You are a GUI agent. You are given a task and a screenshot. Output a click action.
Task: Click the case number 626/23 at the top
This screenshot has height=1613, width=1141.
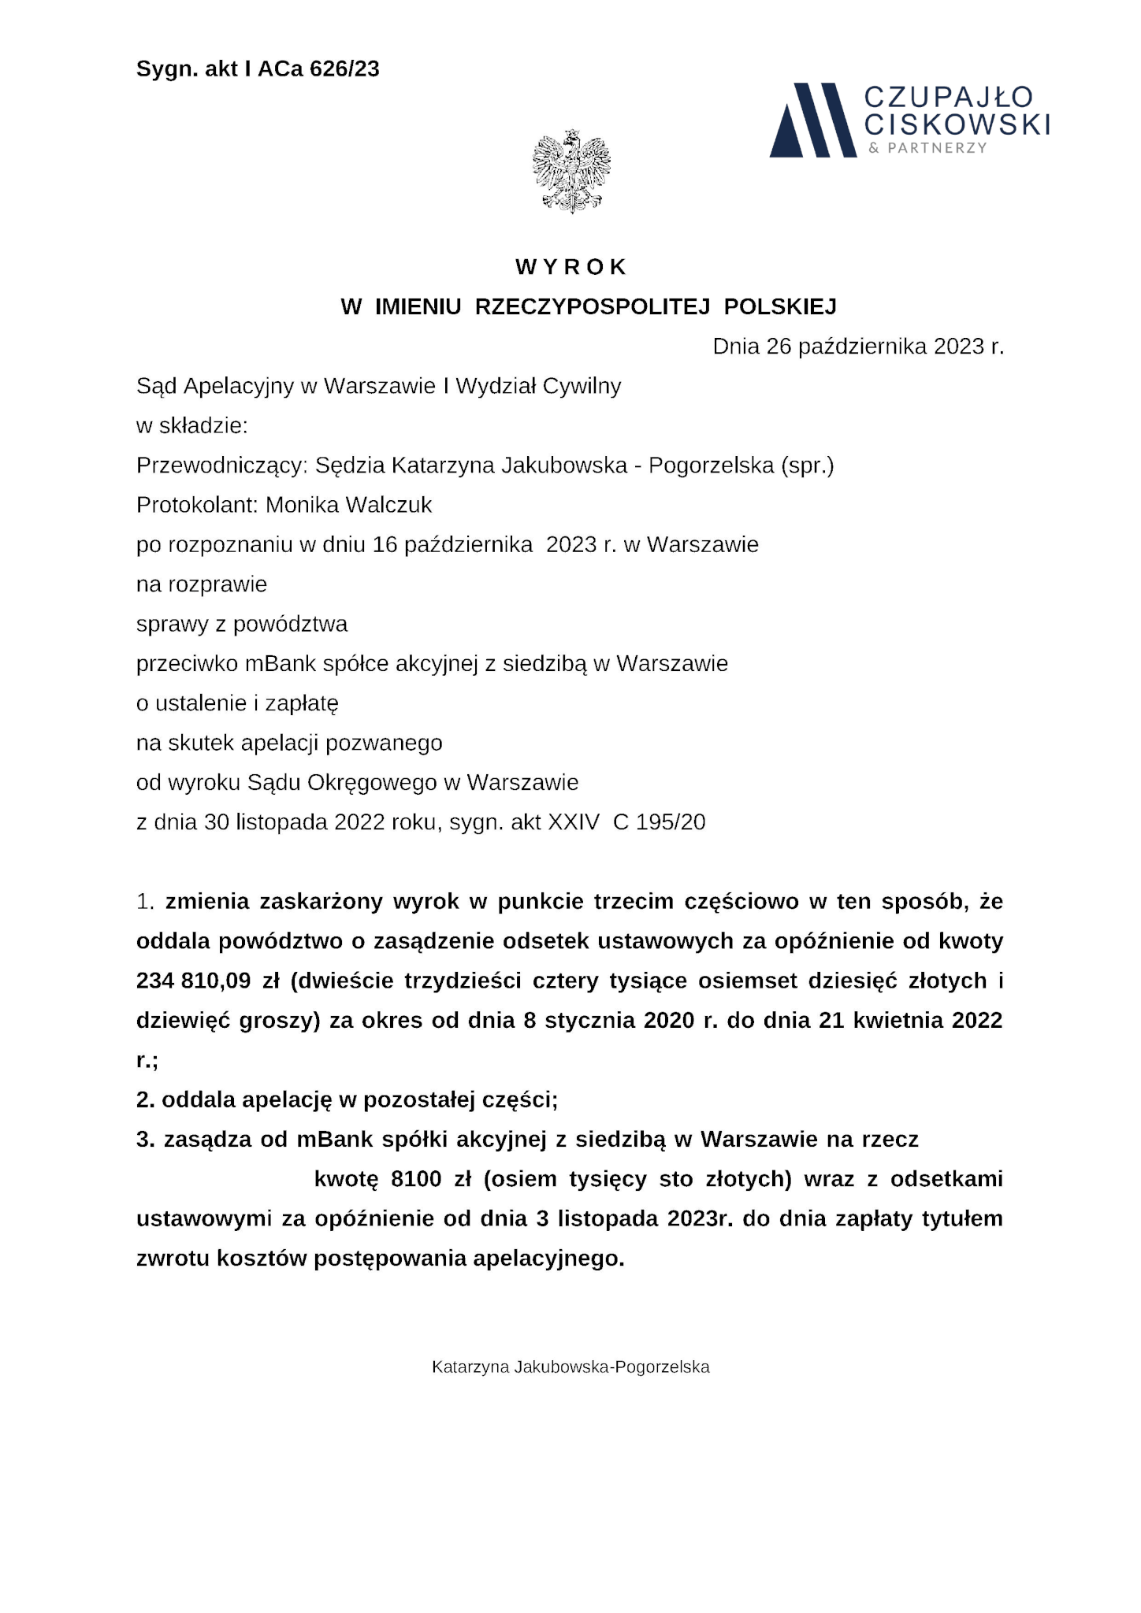point(344,69)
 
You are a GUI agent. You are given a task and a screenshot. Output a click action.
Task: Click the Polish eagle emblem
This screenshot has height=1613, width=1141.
point(571,171)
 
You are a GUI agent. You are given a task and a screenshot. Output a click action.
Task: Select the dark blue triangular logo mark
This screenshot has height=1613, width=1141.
point(812,121)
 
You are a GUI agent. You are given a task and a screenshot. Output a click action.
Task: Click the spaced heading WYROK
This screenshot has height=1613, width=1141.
point(571,267)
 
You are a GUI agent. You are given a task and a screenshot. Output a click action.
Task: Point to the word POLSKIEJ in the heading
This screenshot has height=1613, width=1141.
point(780,306)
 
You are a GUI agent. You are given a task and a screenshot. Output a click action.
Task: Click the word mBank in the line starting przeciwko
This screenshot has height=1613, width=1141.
point(277,663)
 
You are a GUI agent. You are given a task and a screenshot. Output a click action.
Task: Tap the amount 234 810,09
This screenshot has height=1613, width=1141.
point(194,981)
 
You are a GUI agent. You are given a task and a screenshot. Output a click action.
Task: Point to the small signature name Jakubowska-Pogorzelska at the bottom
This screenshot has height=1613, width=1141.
point(611,1367)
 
